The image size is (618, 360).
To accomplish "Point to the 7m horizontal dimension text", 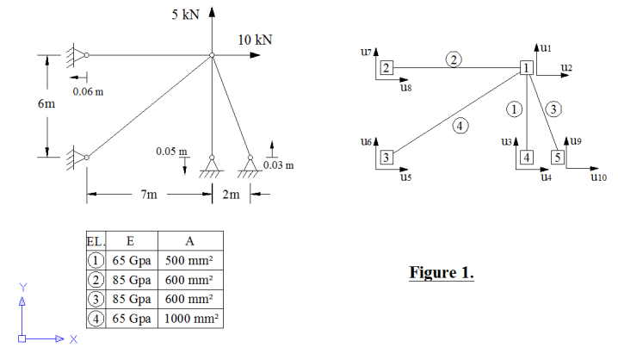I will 147,195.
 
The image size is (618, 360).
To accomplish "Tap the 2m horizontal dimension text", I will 231,195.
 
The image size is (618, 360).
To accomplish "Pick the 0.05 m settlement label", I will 171,152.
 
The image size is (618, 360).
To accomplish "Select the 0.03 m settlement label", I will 279,164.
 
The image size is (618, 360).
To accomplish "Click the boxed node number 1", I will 526,68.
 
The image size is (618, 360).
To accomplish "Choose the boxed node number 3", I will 386,157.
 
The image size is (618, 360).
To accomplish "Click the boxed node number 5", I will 557,157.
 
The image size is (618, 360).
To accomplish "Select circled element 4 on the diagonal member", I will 460,126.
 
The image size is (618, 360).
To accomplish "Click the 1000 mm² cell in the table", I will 191,319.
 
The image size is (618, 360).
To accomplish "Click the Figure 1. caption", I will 441,273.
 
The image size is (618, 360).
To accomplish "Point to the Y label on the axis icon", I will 24,287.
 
